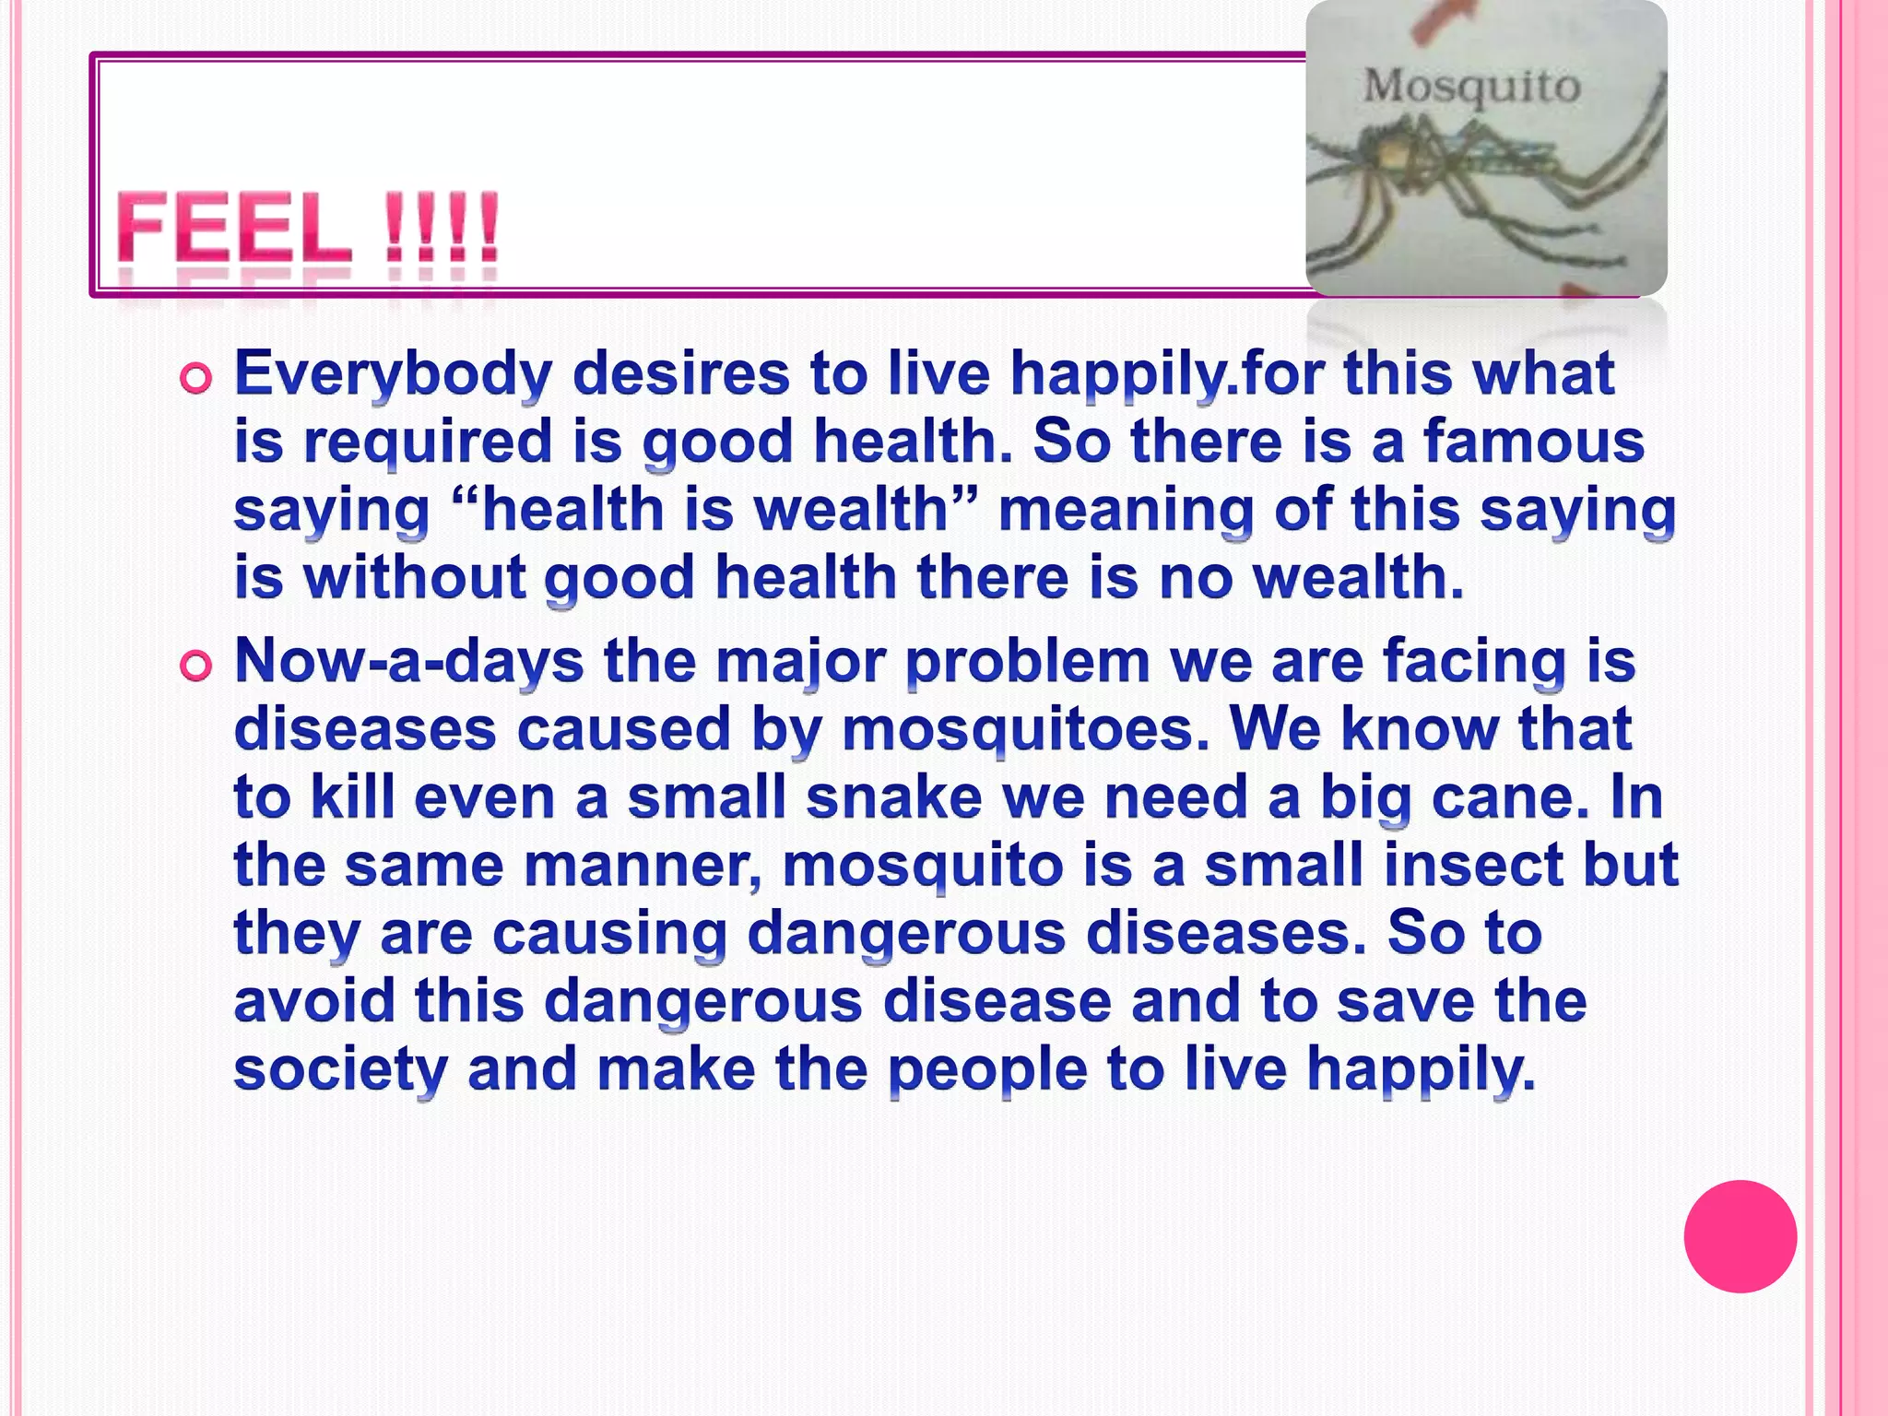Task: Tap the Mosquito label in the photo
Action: click(x=1471, y=87)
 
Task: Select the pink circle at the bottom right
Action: click(x=1740, y=1236)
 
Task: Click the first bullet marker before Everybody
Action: click(x=196, y=378)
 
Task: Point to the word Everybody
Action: click(x=394, y=374)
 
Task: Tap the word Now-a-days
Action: click(x=408, y=661)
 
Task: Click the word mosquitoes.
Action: click(x=1024, y=730)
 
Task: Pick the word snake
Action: click(x=893, y=797)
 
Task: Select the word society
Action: click(x=340, y=1069)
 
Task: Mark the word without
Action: click(x=414, y=577)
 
